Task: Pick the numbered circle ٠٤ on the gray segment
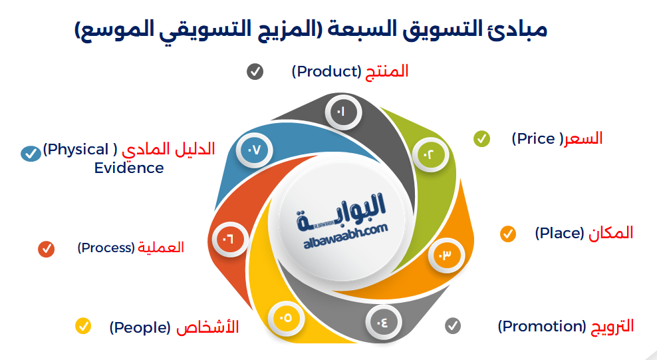coord(384,323)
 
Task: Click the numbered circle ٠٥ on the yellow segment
coord(285,317)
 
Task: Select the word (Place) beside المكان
coord(559,234)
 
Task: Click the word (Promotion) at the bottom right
coord(541,326)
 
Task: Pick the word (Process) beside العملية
coord(106,248)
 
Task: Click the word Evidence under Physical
coord(129,168)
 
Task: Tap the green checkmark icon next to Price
coord(481,138)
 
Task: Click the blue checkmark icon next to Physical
coord(30,153)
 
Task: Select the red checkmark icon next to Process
coord(46,249)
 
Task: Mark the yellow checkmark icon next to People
coord(83,326)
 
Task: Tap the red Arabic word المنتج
coord(388,71)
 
